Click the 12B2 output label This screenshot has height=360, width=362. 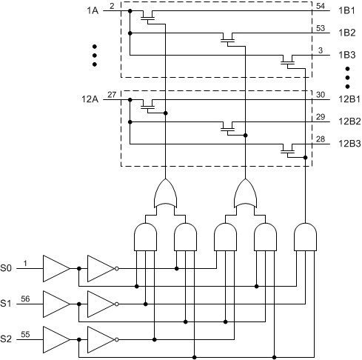click(x=349, y=121)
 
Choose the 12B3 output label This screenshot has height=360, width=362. click(x=349, y=143)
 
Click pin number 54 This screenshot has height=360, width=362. click(x=320, y=6)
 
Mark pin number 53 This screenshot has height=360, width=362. click(x=320, y=28)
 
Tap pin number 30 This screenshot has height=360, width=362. click(x=320, y=94)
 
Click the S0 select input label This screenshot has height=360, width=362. click(x=7, y=267)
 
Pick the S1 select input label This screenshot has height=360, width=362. click(x=7, y=303)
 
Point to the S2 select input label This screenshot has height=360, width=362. click(x=7, y=339)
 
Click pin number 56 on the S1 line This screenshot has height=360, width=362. click(x=26, y=298)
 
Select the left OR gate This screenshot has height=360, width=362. click(x=164, y=195)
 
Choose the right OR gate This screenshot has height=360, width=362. click(x=245, y=195)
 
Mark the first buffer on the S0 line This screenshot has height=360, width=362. click(x=55, y=267)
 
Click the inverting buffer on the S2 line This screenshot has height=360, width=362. click(x=100, y=339)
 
